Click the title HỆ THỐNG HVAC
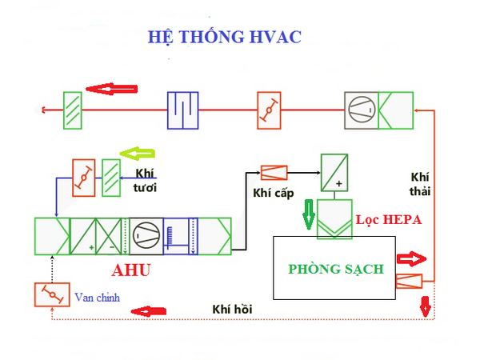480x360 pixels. pos(223,38)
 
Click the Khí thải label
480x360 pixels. pos(421,182)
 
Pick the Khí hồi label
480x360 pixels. pos(230,308)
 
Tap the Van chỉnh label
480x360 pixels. pos(100,298)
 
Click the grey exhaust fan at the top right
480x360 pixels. pos(363,110)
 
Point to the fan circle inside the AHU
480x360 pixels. pos(146,234)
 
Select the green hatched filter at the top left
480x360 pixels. pos(74,110)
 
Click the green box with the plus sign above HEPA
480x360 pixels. pos(335,172)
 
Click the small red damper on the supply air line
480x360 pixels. pos(274,172)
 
